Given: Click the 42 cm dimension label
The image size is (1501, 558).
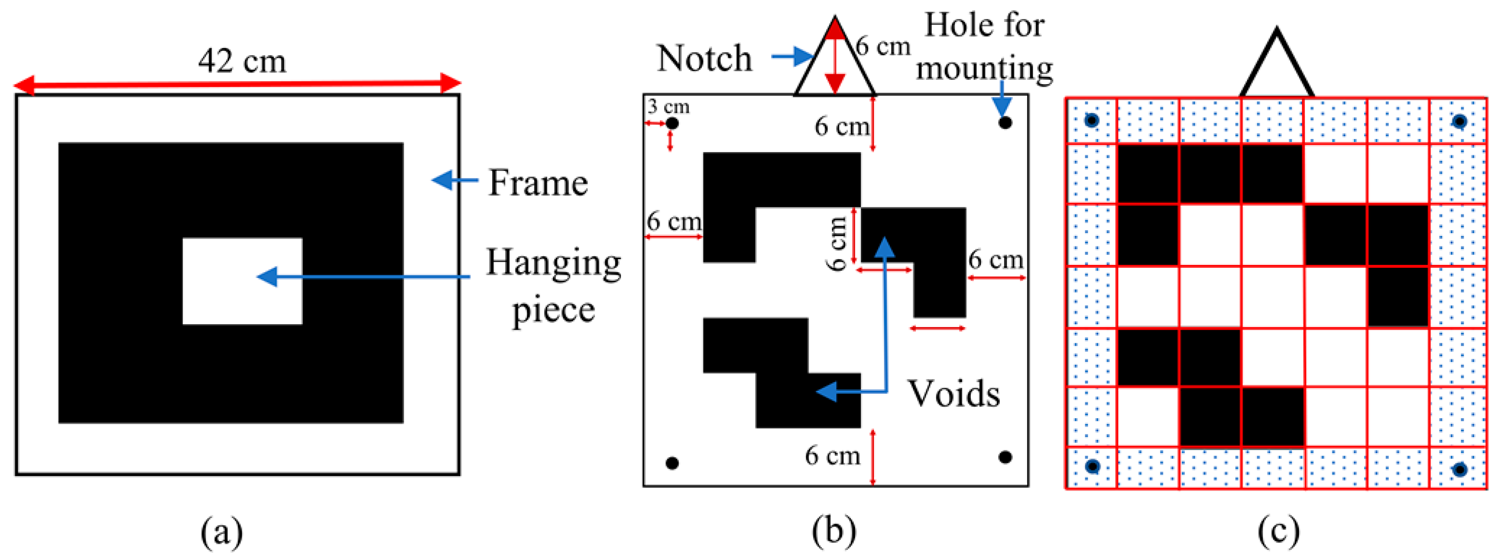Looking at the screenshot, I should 242,61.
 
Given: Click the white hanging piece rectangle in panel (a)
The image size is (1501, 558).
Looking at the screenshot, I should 242,281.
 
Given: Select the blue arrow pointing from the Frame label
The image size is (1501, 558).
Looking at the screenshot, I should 454,180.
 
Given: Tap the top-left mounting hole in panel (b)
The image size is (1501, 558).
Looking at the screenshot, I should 672,123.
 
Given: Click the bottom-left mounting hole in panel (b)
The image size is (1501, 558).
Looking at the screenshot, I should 672,463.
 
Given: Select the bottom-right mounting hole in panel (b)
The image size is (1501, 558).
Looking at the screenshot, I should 1005,457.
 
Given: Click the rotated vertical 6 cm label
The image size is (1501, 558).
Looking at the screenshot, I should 837,243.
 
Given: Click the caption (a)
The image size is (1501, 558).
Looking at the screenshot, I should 221,531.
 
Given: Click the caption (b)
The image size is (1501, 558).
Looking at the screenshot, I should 834,531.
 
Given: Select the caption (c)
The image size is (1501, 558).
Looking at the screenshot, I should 1278,531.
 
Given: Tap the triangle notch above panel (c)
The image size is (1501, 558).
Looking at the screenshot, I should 1277,64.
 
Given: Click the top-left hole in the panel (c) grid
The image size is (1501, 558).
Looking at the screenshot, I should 1092,121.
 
